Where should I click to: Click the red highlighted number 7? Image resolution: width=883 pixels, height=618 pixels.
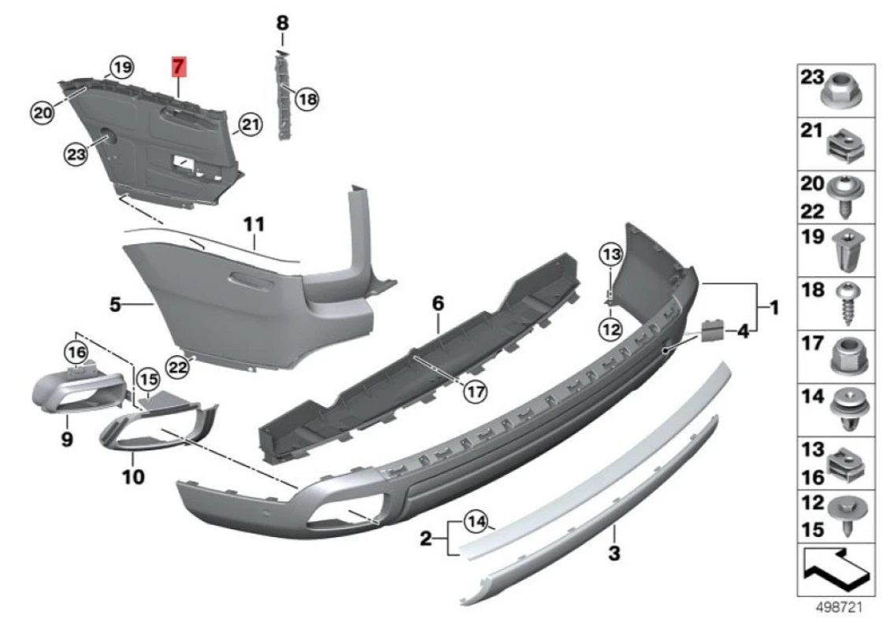179,67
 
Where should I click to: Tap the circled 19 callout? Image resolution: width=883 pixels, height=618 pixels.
121,67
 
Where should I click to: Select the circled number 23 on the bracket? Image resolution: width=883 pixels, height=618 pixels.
76,155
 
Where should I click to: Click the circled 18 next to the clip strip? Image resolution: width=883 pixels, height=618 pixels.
306,99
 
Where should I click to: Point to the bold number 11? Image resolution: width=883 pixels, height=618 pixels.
254,225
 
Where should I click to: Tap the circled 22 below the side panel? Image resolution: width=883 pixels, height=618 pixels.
177,365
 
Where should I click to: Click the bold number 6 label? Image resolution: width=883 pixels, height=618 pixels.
438,302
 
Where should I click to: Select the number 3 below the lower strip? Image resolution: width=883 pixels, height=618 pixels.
614,553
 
